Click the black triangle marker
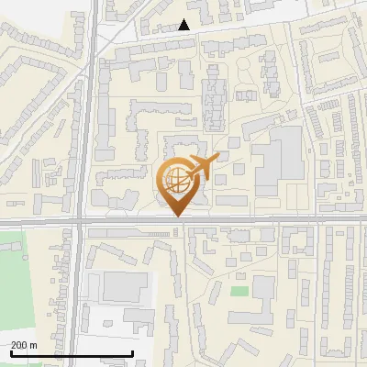184,25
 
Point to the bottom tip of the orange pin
177,217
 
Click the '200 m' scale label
24,345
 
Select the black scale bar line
72,353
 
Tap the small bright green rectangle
239,291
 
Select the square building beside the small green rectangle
263,288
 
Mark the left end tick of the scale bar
11,353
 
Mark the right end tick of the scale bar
133,353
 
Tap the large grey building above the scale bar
122,286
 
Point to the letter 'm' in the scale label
33,345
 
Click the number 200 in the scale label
19,345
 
